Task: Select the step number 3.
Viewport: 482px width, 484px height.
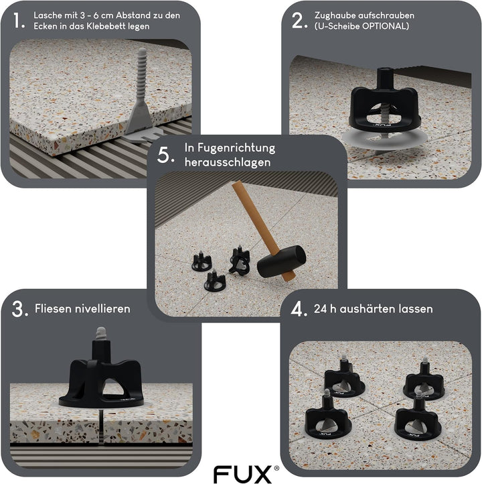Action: coord(19,309)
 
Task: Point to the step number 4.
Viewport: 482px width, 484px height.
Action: coord(299,309)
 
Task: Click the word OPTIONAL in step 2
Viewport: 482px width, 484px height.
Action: coord(384,26)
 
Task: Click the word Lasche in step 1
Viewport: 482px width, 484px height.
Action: coord(48,15)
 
